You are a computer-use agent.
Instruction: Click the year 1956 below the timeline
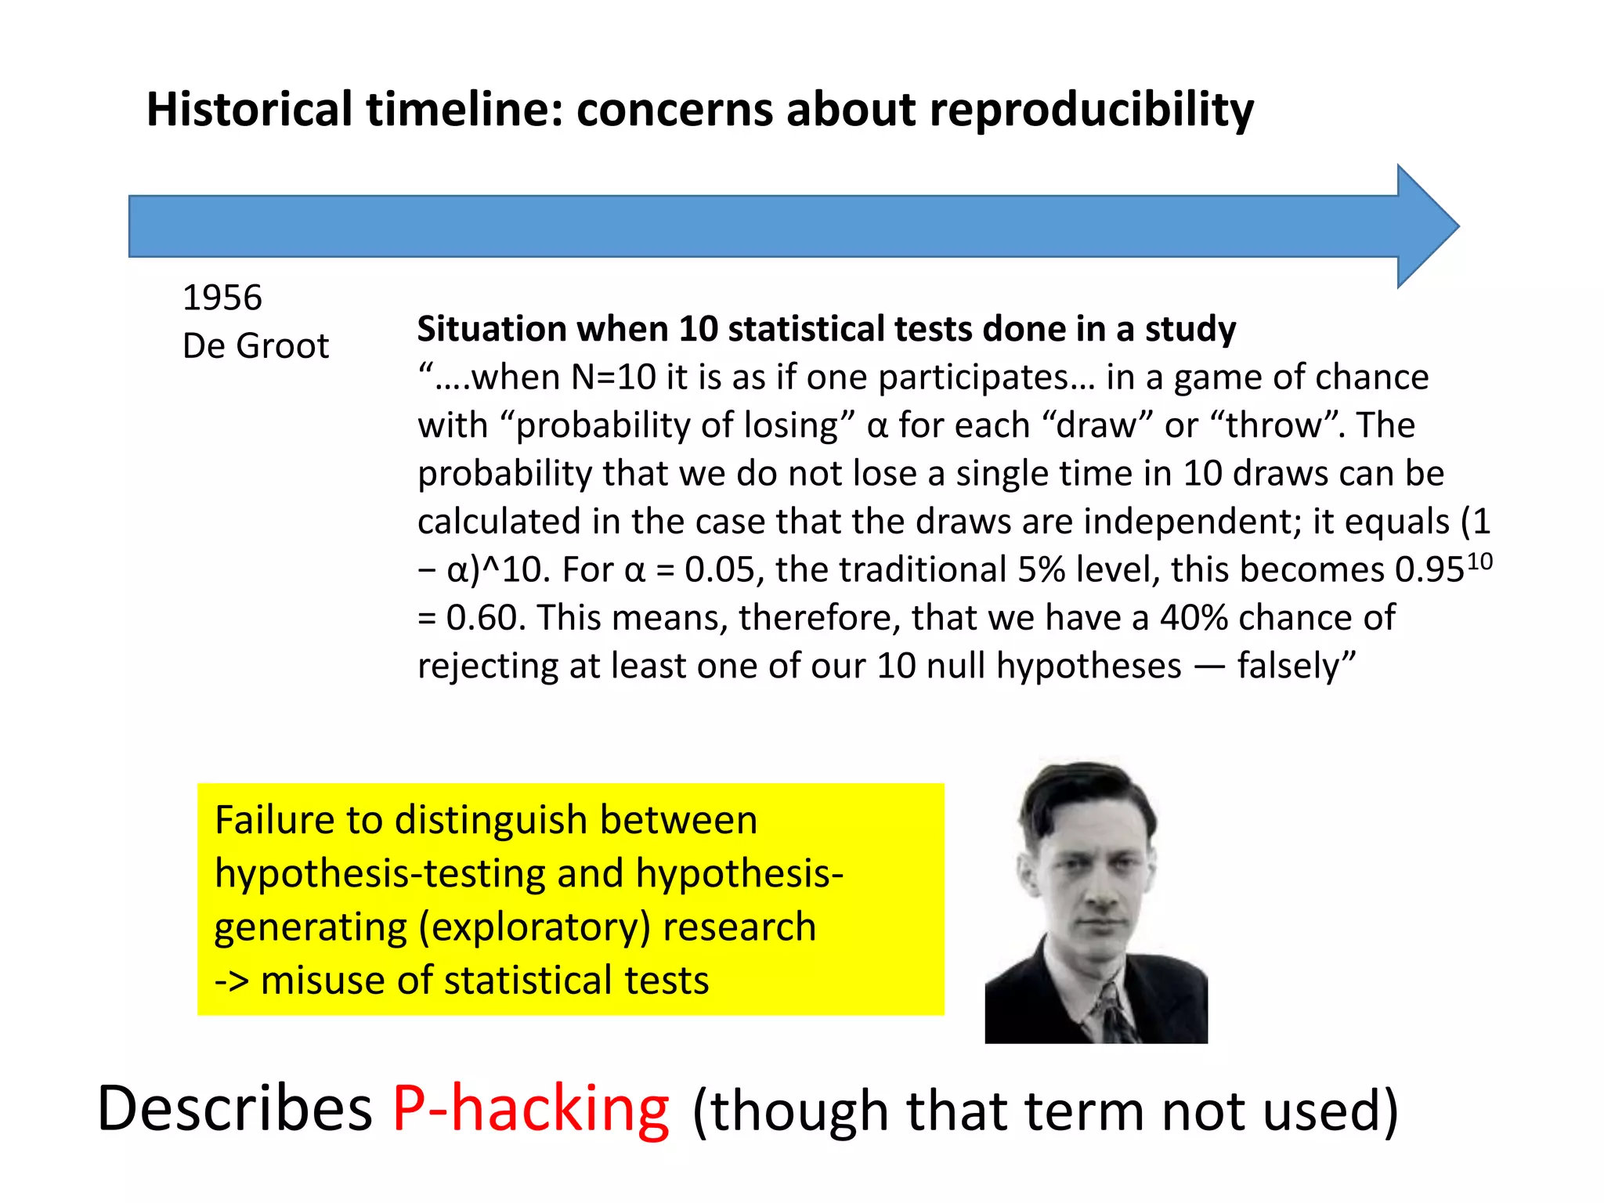(x=222, y=298)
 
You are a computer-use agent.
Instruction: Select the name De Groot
(x=255, y=346)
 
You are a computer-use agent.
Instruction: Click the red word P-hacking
(x=531, y=1109)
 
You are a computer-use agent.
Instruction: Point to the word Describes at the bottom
(x=234, y=1109)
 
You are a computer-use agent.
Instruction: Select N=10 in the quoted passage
(x=613, y=378)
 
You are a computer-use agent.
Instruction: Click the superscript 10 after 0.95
(x=1479, y=561)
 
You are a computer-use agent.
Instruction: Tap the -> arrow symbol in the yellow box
(x=232, y=981)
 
